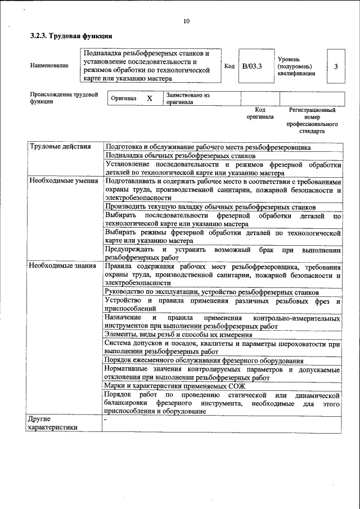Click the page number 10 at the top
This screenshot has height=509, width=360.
point(186,21)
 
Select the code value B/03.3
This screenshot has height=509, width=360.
point(252,66)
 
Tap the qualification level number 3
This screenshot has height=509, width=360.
point(336,66)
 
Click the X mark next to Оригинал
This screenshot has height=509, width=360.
point(150,98)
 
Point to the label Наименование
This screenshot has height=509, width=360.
point(49,66)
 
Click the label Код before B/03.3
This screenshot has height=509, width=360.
point(229,66)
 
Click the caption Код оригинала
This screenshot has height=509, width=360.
point(260,113)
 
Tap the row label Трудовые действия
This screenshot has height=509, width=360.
point(60,147)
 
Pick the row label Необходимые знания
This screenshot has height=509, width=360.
point(62,266)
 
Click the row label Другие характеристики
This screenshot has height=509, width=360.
point(52,423)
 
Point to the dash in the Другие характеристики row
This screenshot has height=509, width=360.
point(105,420)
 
